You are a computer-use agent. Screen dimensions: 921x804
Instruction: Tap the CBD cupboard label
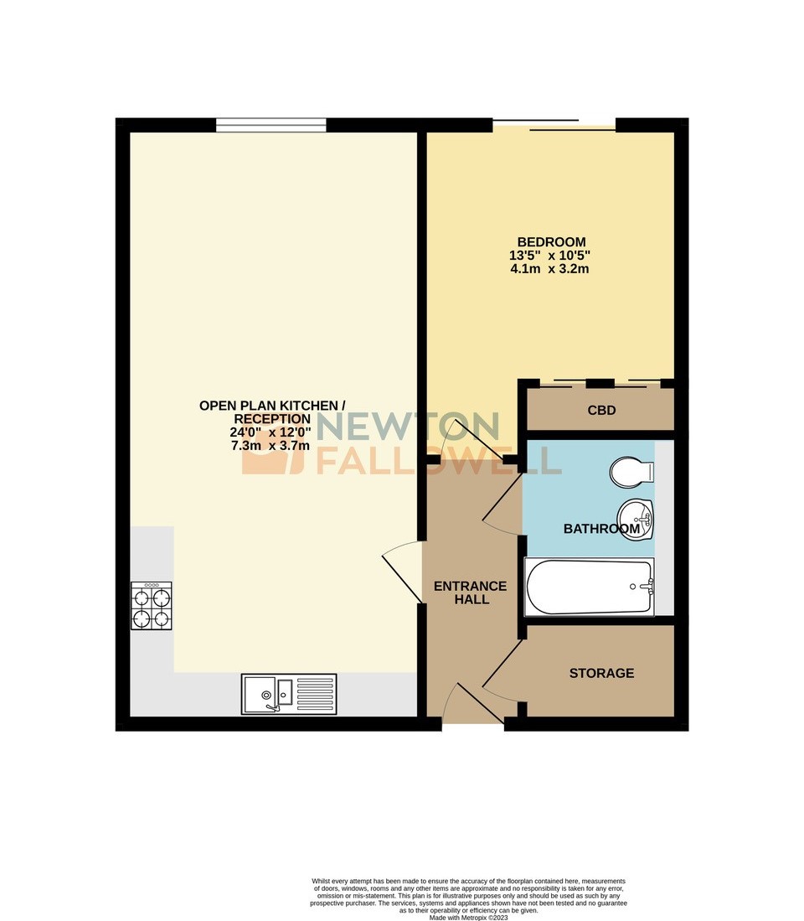coord(601,411)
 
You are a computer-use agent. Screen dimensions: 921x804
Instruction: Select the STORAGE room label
coord(601,673)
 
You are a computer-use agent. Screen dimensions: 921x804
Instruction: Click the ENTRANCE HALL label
coord(470,592)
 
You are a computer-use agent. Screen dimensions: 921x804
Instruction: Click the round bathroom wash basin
coord(636,515)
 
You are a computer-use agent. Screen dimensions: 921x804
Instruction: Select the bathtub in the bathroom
coord(589,587)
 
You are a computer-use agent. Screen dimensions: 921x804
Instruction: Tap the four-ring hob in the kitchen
coord(152,606)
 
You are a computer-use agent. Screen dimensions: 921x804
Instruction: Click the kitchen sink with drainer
coord(289,694)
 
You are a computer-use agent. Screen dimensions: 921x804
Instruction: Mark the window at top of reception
coord(271,126)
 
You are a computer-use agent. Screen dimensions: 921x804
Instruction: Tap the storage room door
coord(502,671)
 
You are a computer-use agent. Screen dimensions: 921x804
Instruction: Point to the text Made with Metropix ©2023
coord(468,917)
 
